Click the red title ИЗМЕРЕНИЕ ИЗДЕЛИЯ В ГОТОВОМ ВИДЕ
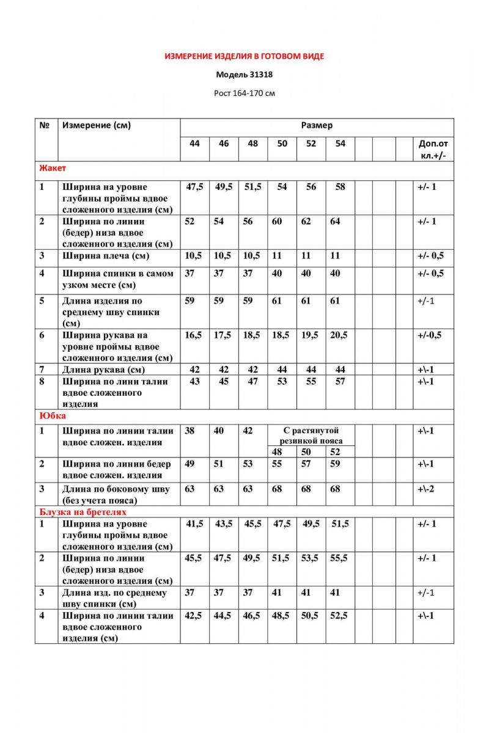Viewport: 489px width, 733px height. [244, 56]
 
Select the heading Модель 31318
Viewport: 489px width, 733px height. [244, 76]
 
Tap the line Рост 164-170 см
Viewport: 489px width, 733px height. [244, 93]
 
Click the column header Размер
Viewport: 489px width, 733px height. [317, 126]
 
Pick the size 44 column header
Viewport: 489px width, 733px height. [194, 144]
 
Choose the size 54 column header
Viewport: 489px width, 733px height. [340, 144]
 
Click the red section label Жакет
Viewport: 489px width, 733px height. [53, 168]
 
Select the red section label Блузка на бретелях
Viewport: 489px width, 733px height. [83, 512]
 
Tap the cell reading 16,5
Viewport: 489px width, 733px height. [194, 335]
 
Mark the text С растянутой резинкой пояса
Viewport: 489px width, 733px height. [311, 436]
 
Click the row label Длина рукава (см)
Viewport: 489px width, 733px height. [103, 370]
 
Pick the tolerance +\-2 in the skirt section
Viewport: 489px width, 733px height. [426, 489]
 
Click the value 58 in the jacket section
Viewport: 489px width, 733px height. [340, 187]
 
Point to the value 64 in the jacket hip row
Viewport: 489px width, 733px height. [335, 222]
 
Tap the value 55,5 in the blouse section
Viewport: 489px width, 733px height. [340, 558]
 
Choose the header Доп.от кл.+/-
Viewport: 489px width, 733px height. [433, 150]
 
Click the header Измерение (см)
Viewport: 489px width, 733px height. [97, 126]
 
